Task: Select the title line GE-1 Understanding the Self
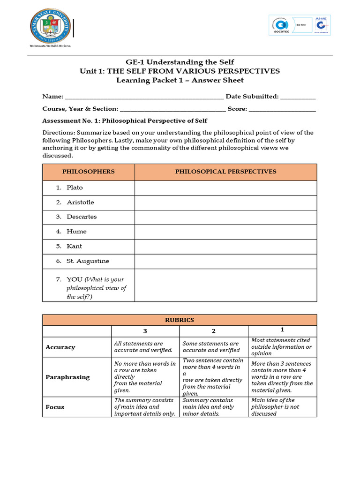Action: coord(180,62)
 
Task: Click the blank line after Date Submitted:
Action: coord(298,97)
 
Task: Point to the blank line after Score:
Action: coord(282,109)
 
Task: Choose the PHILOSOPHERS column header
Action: coord(88,172)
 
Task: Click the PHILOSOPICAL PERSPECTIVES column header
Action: coord(225,172)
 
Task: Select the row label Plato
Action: coord(75,187)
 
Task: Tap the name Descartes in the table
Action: coord(82,217)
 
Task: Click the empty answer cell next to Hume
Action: coord(225,232)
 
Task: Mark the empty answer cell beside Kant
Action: coord(225,247)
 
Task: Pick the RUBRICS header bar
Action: coord(180,320)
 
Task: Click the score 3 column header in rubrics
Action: coord(145,331)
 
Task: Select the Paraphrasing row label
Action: coord(67,377)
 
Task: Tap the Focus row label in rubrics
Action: coord(55,407)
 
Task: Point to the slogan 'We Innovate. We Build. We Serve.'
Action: coord(51,46)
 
